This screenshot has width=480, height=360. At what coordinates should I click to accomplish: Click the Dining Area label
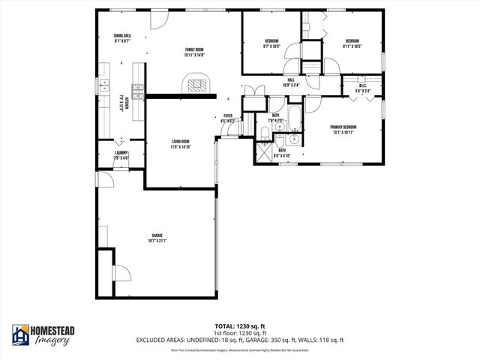point(122,38)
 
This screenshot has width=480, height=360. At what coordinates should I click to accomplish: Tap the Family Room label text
point(194,52)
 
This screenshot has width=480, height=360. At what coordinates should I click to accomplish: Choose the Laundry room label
point(121,157)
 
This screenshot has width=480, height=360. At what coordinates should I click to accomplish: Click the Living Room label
point(180,144)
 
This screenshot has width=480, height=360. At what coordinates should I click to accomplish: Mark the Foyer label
point(229,118)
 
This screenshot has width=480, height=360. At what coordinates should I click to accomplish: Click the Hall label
point(291,82)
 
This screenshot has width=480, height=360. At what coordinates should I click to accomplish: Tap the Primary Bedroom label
point(343,130)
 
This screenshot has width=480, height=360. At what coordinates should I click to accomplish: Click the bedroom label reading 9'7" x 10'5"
point(271,43)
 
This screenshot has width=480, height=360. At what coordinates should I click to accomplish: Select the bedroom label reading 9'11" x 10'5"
point(352,43)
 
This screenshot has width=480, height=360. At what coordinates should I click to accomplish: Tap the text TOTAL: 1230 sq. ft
point(240,326)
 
